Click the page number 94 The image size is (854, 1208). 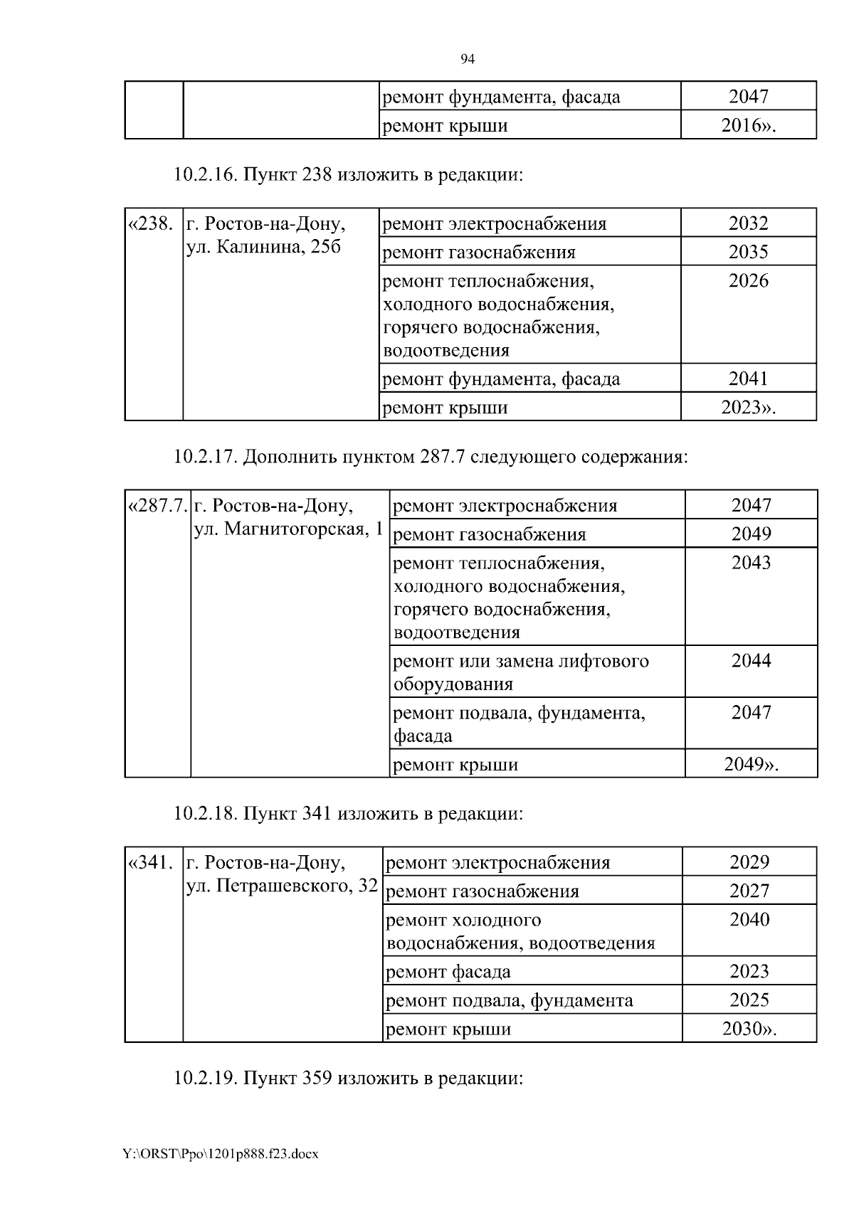coord(468,59)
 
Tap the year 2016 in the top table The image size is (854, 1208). coord(748,126)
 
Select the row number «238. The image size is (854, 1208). coord(149,224)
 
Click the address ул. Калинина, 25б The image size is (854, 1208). coord(263,247)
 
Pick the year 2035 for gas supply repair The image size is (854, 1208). coord(748,252)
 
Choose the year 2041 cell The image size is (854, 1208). coord(748,378)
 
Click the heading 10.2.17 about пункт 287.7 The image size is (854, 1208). coord(431,457)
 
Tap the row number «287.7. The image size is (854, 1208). coord(157,506)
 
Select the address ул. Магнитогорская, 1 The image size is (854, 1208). coord(288,529)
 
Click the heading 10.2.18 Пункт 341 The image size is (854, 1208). coord(348,813)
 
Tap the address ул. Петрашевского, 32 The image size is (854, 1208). coord(281,886)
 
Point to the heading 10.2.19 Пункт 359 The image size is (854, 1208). coord(348,1079)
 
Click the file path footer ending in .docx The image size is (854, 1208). coord(221,1153)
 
